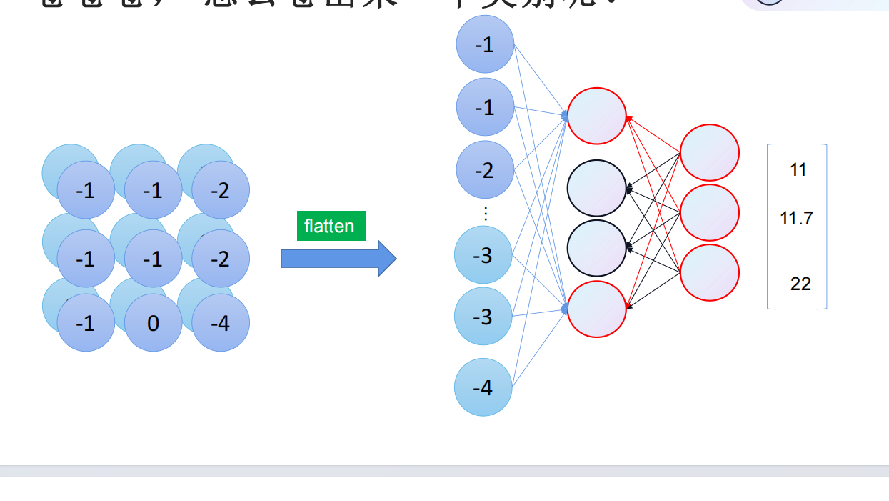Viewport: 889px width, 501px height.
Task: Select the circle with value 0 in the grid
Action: pos(154,323)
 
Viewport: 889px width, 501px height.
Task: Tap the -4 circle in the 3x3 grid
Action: pos(221,323)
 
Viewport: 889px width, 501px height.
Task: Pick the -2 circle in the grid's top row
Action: pos(221,190)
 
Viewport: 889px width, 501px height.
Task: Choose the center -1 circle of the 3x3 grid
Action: pos(154,258)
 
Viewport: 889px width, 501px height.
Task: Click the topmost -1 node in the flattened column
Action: pos(485,44)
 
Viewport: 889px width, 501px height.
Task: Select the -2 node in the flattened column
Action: pos(485,170)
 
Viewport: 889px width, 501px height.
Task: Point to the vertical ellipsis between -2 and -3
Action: pos(486,213)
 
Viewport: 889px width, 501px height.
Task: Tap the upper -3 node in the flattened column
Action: pos(483,255)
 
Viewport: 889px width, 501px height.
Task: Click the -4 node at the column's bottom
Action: pos(483,387)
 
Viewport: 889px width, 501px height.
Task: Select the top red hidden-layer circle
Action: pos(596,116)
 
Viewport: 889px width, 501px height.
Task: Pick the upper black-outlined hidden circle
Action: pos(596,188)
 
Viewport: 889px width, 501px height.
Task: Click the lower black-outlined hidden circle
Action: pos(596,248)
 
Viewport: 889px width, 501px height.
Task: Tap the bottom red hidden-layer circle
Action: pos(596,309)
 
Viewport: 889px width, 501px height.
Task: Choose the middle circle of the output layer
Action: pos(709,213)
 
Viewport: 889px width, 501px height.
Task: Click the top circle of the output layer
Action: pos(709,152)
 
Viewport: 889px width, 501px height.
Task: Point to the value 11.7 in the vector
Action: pos(796,218)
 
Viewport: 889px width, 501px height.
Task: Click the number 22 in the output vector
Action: pos(800,284)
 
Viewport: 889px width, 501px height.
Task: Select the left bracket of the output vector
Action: pos(769,227)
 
